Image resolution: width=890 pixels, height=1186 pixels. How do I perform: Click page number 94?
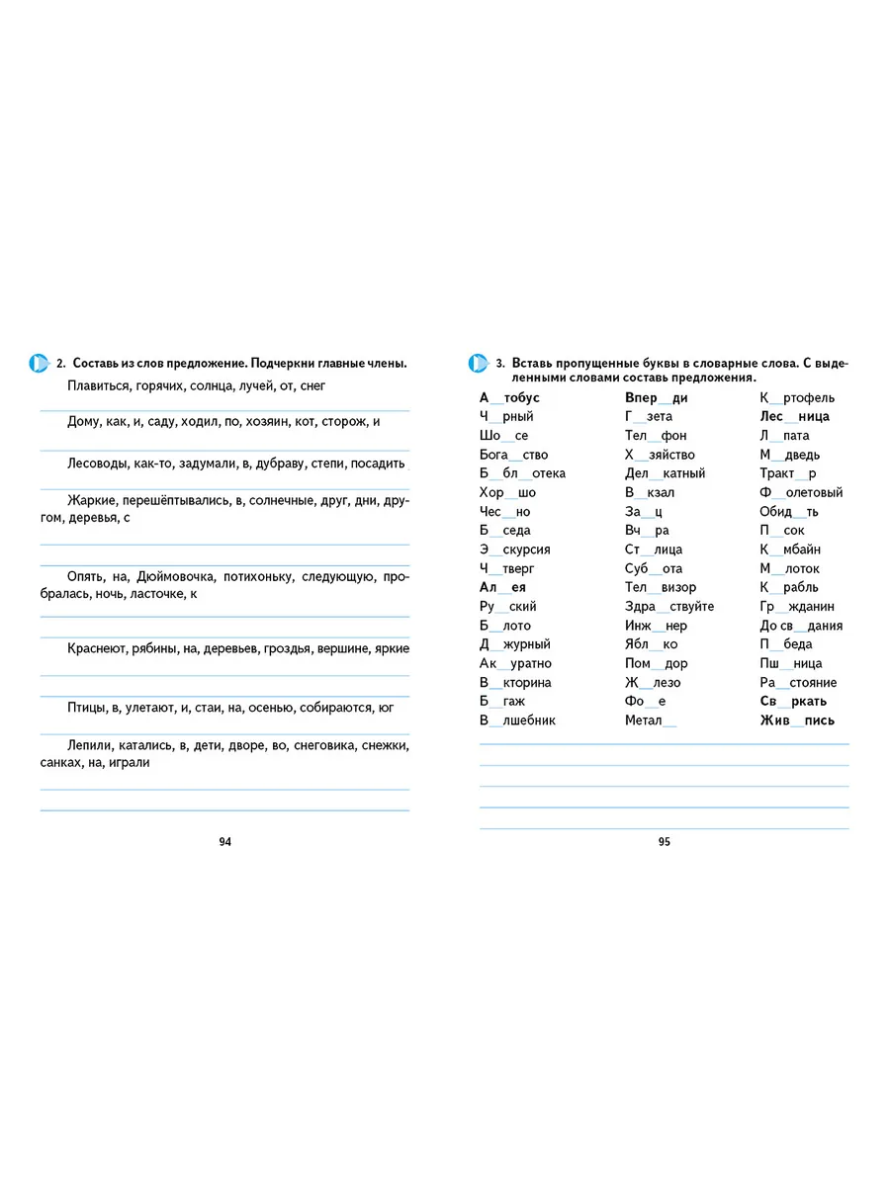(x=224, y=841)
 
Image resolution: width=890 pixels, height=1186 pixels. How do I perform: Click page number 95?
(x=665, y=841)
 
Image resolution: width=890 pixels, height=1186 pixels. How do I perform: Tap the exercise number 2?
(x=60, y=364)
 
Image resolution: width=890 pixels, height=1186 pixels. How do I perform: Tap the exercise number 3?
(x=501, y=364)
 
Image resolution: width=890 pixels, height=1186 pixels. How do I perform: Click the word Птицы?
(x=87, y=707)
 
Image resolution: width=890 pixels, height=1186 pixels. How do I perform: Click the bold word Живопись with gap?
(x=796, y=720)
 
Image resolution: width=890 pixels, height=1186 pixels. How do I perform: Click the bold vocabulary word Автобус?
(x=509, y=397)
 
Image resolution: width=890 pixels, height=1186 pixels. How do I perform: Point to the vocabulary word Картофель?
(x=796, y=397)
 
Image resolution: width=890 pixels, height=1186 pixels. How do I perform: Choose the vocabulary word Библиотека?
(x=522, y=473)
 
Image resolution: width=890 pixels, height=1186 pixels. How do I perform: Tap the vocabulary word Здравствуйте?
(x=668, y=607)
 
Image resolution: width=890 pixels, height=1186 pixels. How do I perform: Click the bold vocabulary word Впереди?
(x=656, y=397)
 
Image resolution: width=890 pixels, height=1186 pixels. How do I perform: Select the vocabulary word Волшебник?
(x=517, y=720)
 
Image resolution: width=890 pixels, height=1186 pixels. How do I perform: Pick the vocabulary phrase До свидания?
(x=800, y=626)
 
